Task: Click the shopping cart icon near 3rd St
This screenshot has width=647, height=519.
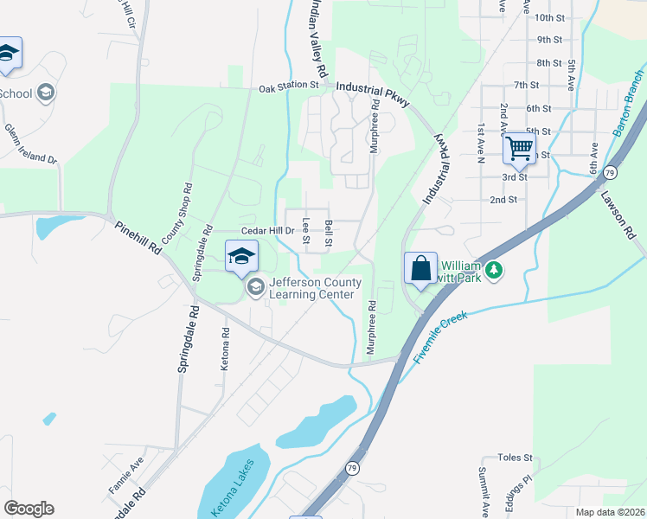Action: (519, 149)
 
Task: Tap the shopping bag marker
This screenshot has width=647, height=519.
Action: (420, 268)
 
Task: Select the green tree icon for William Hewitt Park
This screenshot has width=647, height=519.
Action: (494, 271)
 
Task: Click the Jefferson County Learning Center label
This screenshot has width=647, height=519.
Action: (312, 288)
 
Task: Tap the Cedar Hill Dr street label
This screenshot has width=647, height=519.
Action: (268, 231)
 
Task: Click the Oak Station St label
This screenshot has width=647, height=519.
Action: (290, 86)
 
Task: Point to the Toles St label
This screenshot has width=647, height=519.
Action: (515, 458)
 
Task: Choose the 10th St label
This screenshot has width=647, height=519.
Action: (549, 17)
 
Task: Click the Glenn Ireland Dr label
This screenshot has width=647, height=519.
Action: (29, 144)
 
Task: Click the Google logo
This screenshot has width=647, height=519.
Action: (29, 509)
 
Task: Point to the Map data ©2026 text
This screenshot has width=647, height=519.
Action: (607, 512)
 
